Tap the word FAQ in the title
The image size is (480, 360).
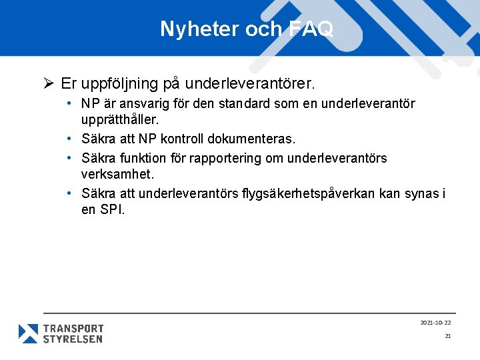(x=312, y=29)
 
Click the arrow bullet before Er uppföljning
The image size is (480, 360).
(x=49, y=84)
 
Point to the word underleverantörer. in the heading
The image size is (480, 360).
(x=249, y=85)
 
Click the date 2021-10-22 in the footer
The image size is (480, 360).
(x=435, y=323)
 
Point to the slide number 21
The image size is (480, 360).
(x=448, y=336)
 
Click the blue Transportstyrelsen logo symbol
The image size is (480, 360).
(x=28, y=333)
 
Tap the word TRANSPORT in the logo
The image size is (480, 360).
(x=73, y=328)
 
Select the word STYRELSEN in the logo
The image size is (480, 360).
(x=73, y=339)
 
